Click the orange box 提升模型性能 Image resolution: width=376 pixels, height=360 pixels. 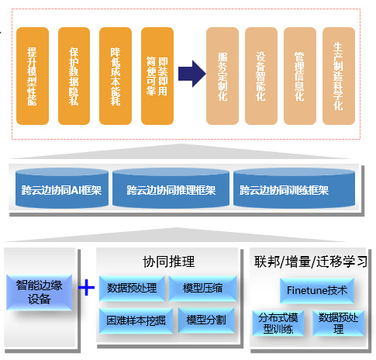33,76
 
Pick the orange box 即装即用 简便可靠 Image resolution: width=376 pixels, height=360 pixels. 157,76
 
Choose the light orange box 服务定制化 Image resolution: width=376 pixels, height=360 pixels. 222,76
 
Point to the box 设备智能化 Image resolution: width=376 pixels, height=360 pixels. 261,76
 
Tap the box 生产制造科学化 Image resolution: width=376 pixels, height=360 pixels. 339,76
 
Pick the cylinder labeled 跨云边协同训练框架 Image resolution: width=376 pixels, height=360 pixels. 284,189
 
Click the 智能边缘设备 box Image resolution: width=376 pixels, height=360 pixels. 39,289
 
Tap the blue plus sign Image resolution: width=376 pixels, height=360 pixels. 88,289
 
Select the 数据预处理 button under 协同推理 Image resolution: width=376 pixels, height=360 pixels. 133,289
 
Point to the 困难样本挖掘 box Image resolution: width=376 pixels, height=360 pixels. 133,318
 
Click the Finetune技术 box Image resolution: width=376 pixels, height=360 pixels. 318,291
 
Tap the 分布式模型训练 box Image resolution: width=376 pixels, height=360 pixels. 278,322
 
